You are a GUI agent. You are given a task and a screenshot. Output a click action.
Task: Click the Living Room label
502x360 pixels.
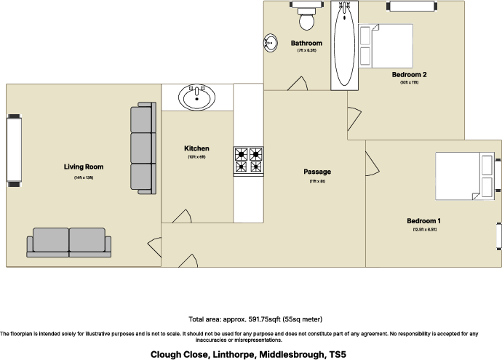[x=83, y=167]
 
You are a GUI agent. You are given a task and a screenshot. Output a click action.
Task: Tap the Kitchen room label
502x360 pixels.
[x=196, y=148]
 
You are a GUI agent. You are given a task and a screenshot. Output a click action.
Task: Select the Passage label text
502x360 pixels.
[x=317, y=172]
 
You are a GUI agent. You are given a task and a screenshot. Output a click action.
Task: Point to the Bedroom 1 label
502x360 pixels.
[x=423, y=220]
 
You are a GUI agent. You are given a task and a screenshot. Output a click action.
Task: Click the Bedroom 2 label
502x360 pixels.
[x=409, y=74]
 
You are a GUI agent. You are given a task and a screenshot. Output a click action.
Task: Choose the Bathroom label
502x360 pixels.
[x=306, y=43]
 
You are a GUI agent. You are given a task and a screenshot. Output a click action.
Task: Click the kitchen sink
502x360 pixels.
[x=197, y=97]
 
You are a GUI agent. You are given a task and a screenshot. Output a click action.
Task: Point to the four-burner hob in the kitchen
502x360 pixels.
[x=248, y=161]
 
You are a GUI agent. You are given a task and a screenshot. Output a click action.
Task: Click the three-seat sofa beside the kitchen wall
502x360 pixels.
[x=143, y=148]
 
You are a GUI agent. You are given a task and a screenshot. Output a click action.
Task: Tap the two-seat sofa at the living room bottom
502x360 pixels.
[x=69, y=242]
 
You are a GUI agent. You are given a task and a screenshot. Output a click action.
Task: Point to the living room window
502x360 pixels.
[x=12, y=149]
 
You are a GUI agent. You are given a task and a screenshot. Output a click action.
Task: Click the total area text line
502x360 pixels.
[x=255, y=319]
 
